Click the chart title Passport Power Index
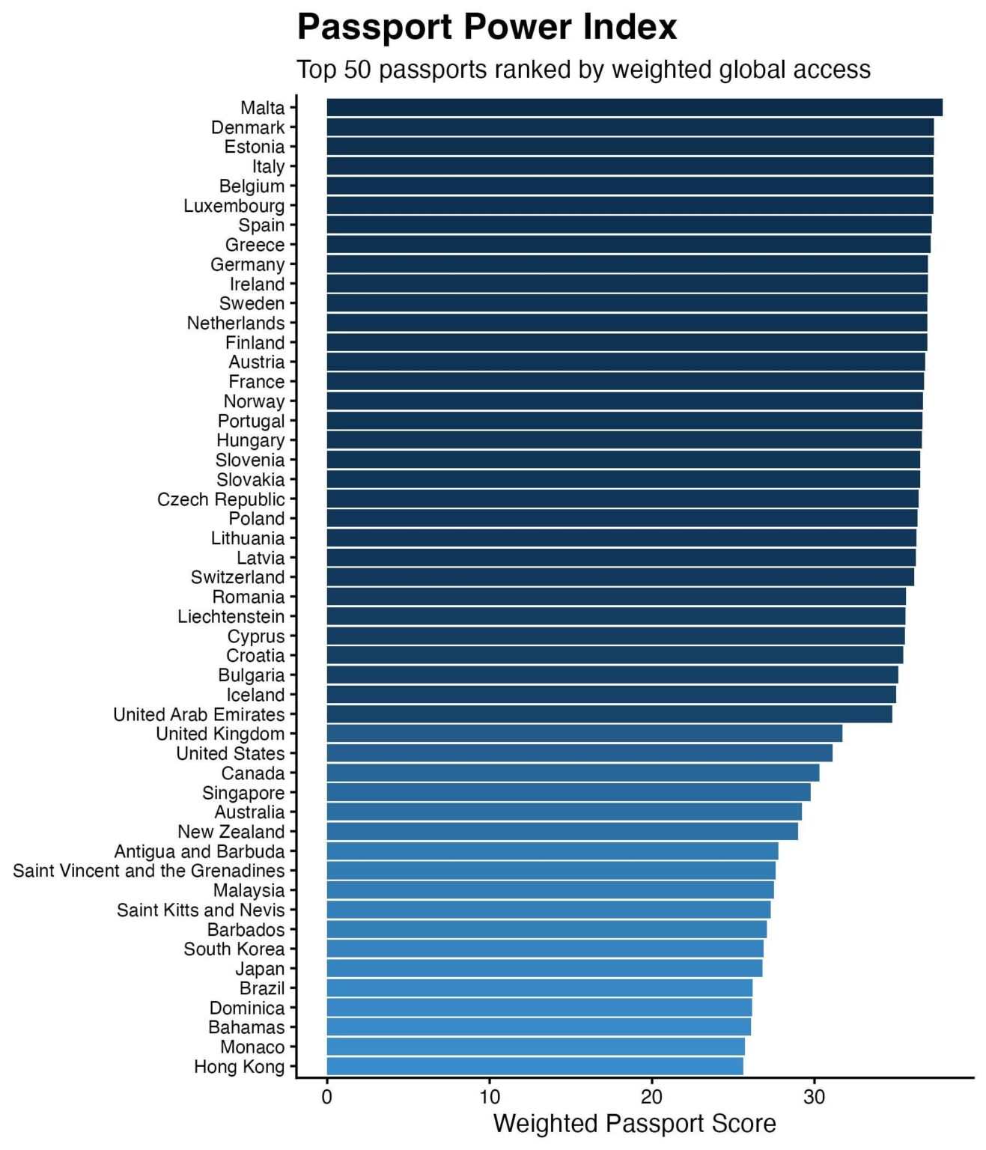(x=487, y=28)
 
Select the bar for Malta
(x=634, y=108)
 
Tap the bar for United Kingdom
(x=584, y=734)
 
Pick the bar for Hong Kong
(x=535, y=1066)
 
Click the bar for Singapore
(x=568, y=792)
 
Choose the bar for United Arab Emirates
(x=609, y=714)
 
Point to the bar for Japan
(x=544, y=968)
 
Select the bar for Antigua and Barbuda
(x=552, y=851)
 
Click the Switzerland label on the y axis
(x=237, y=577)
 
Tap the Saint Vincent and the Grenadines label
(x=148, y=871)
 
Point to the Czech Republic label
(x=221, y=499)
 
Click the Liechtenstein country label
(x=231, y=616)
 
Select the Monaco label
(x=252, y=1047)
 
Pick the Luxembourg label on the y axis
(x=234, y=206)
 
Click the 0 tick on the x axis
(x=327, y=1097)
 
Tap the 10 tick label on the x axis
(x=489, y=1097)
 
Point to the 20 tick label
(x=651, y=1097)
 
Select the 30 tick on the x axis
(x=814, y=1097)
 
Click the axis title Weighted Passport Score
(x=634, y=1124)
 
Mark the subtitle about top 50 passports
(x=583, y=70)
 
